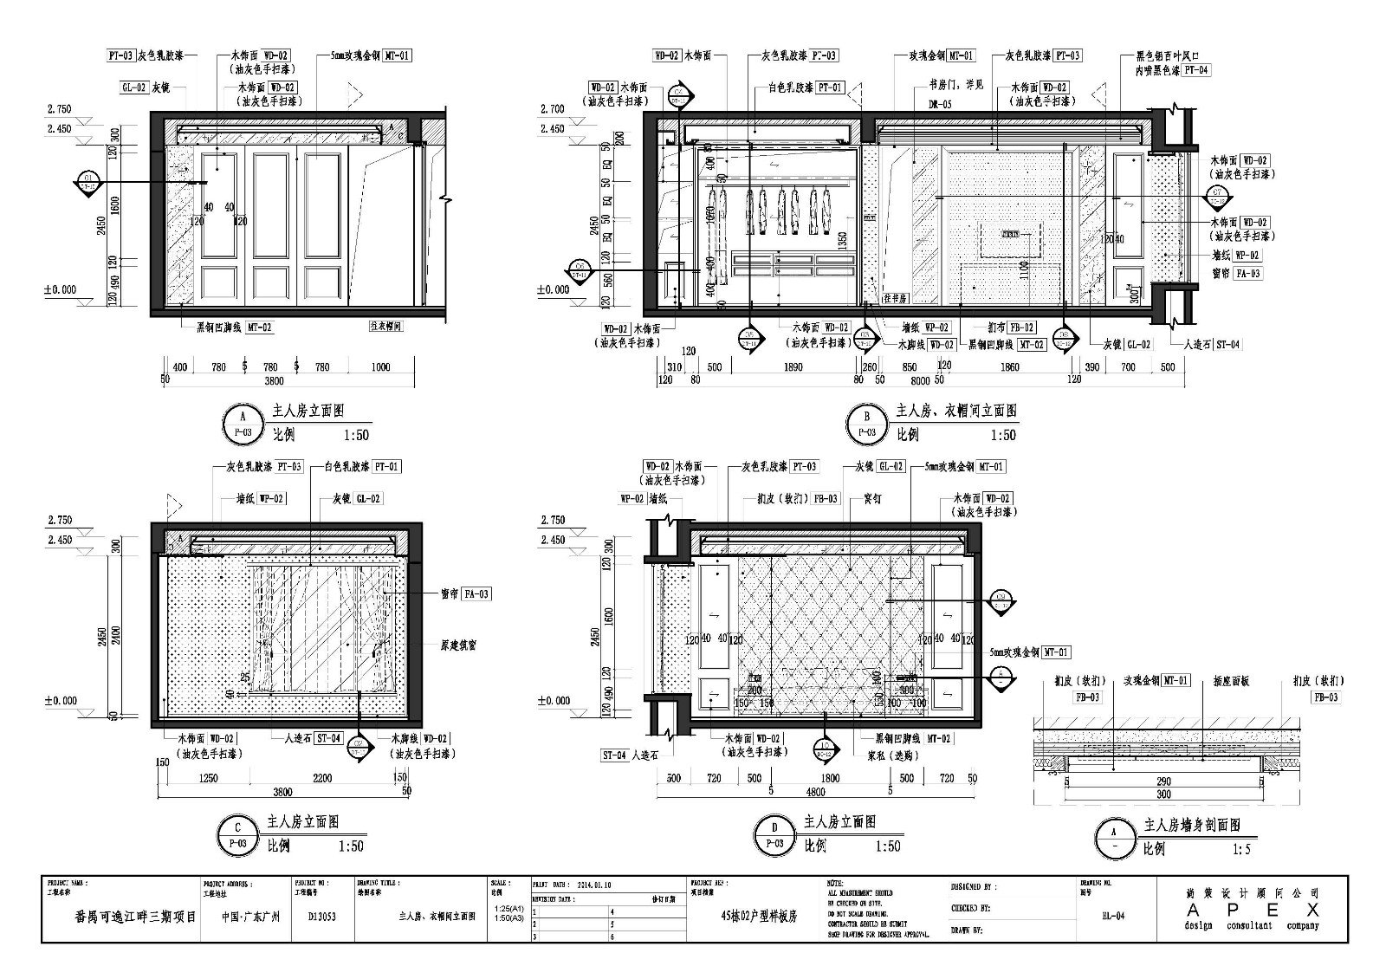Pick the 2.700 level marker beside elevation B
pos(552,109)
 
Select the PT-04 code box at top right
pos(1195,70)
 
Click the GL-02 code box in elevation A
pos(134,88)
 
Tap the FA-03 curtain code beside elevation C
pos(476,594)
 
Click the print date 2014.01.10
pos(596,886)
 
